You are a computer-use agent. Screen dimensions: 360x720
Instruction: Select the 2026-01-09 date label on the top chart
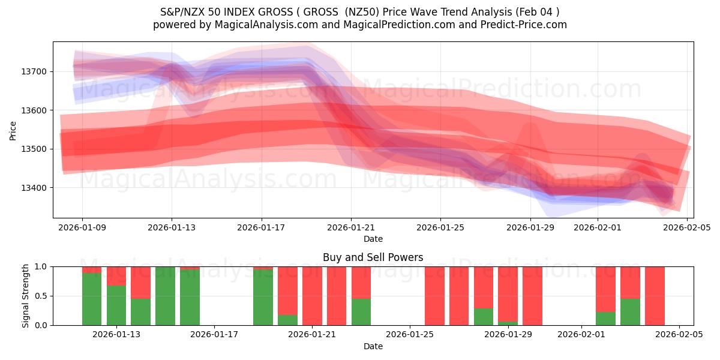[82, 228]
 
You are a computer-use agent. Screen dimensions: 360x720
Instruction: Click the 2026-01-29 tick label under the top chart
[530, 228]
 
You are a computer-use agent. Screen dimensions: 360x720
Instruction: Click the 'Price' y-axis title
[13, 130]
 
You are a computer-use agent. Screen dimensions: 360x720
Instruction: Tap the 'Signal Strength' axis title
[25, 296]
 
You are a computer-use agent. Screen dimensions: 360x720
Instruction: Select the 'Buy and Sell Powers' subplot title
[373, 257]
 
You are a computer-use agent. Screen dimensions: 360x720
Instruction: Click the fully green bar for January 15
[165, 296]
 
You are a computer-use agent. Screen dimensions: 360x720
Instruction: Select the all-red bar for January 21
[312, 296]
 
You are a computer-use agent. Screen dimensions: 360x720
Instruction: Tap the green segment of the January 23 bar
[361, 311]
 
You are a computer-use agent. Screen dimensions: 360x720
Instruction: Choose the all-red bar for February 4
[655, 296]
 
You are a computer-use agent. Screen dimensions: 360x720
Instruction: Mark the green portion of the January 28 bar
[484, 317]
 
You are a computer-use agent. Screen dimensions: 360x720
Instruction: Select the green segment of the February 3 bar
[630, 311]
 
